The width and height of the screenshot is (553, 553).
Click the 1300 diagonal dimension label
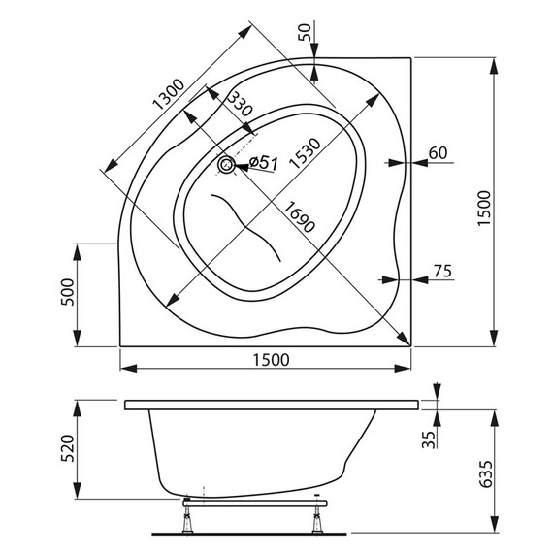click(x=166, y=94)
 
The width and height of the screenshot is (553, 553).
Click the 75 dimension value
click(x=441, y=272)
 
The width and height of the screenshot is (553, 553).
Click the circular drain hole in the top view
click(x=227, y=166)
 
